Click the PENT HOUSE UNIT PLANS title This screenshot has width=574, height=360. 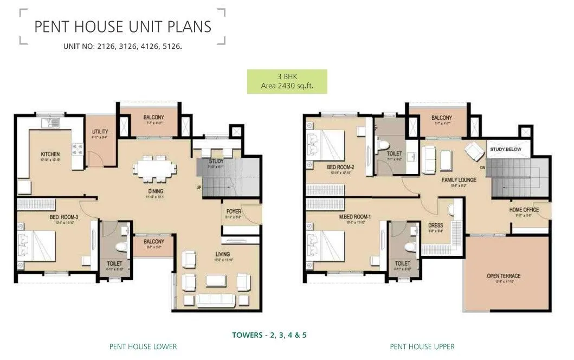coord(123,27)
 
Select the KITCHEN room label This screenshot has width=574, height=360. coord(50,155)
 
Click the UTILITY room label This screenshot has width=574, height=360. coord(100,132)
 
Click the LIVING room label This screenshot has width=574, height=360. coord(222,254)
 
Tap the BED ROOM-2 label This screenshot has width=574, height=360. coord(340,167)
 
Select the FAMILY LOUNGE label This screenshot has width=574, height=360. coord(444,179)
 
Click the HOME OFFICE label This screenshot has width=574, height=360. coord(524,210)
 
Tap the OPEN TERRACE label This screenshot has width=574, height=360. coord(504,276)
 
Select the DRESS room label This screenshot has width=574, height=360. coord(436,226)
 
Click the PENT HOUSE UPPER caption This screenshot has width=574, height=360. coord(422,346)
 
